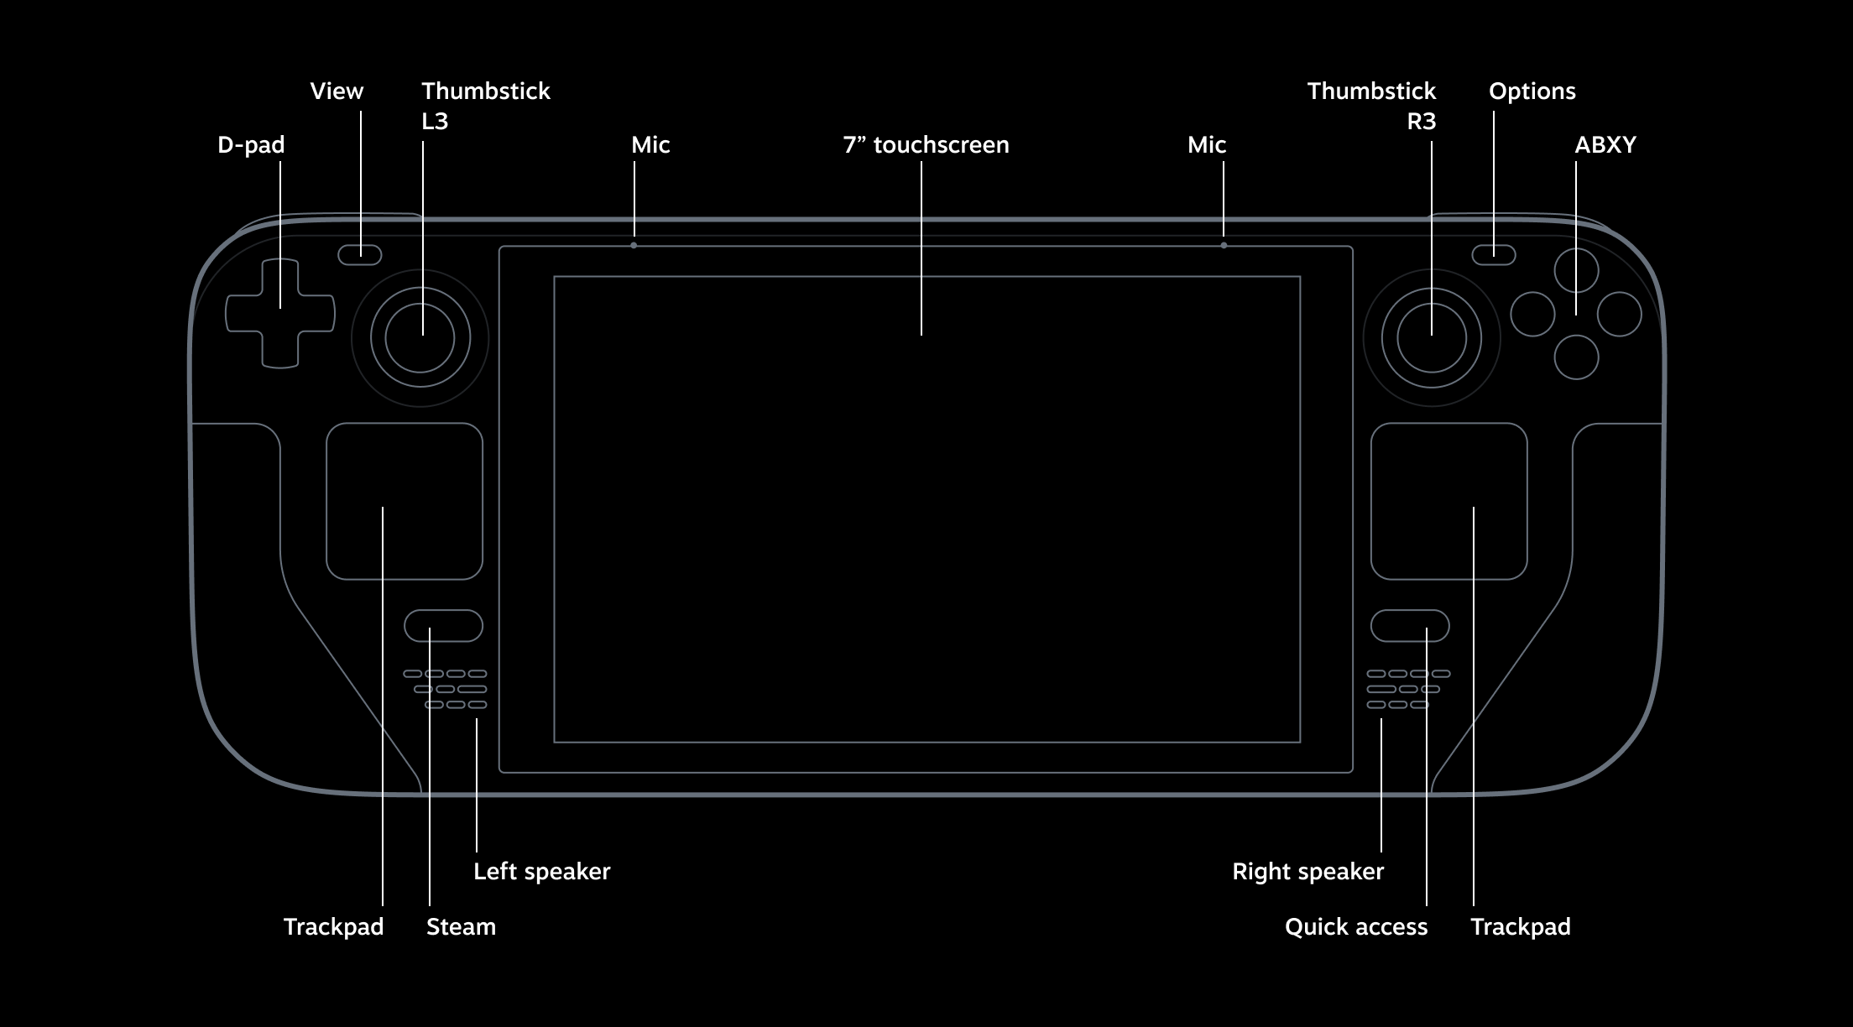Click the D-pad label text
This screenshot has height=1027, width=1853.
click(251, 145)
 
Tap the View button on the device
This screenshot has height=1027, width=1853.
click(360, 255)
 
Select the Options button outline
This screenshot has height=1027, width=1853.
click(1493, 255)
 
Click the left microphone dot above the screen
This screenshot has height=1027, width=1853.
click(634, 246)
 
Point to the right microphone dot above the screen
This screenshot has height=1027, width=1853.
click(1224, 246)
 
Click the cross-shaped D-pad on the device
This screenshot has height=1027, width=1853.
click(280, 314)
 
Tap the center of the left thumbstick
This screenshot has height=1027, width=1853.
click(420, 338)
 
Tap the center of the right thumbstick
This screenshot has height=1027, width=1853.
click(1432, 338)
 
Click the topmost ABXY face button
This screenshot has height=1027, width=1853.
click(1576, 270)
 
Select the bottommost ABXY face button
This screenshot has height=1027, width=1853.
click(1576, 357)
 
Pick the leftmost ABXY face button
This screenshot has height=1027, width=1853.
click(1532, 314)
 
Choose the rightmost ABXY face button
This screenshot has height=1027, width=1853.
click(1620, 314)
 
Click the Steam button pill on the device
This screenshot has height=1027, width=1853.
click(443, 626)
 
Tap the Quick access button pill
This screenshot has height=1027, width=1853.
click(1410, 626)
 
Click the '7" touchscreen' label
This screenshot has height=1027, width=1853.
click(926, 145)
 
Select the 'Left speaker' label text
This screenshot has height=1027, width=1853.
click(541, 872)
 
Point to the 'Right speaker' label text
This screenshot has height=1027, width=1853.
click(1308, 872)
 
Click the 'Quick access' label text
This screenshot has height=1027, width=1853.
click(1355, 927)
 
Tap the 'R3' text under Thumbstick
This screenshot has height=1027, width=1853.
click(1421, 122)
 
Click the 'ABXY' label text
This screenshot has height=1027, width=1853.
click(1605, 145)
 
